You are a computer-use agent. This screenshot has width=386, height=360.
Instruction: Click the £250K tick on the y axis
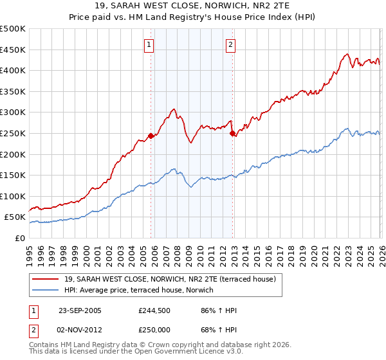[x=13, y=134]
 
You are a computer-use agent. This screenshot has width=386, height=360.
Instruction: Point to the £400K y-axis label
[x=13, y=71]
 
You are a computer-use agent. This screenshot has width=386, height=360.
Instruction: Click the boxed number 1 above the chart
[x=149, y=45]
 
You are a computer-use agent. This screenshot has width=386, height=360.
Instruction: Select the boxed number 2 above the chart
[x=230, y=45]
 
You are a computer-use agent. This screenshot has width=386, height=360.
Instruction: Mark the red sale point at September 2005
[x=151, y=136]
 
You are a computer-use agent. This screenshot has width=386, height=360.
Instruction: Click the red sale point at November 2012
[x=232, y=134]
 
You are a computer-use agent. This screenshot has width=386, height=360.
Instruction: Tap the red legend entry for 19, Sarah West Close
[x=170, y=279]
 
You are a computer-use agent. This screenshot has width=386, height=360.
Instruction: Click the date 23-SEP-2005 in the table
[x=80, y=310]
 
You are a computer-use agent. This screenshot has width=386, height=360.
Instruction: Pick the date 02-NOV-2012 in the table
[x=80, y=329]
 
